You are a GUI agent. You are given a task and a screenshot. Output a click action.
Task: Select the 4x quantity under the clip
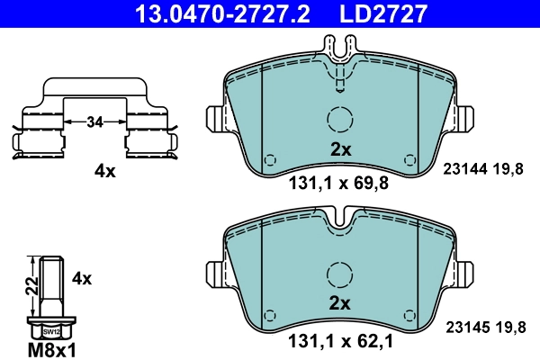[x=105, y=171]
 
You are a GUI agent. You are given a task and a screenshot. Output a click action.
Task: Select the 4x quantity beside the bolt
[x=82, y=279]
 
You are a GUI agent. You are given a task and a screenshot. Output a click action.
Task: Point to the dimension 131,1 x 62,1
[x=337, y=342]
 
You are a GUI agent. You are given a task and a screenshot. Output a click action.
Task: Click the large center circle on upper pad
[x=340, y=120]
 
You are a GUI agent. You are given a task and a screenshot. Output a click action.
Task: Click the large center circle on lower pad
[x=340, y=274]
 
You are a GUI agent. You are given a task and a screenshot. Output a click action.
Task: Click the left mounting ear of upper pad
[x=217, y=120]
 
